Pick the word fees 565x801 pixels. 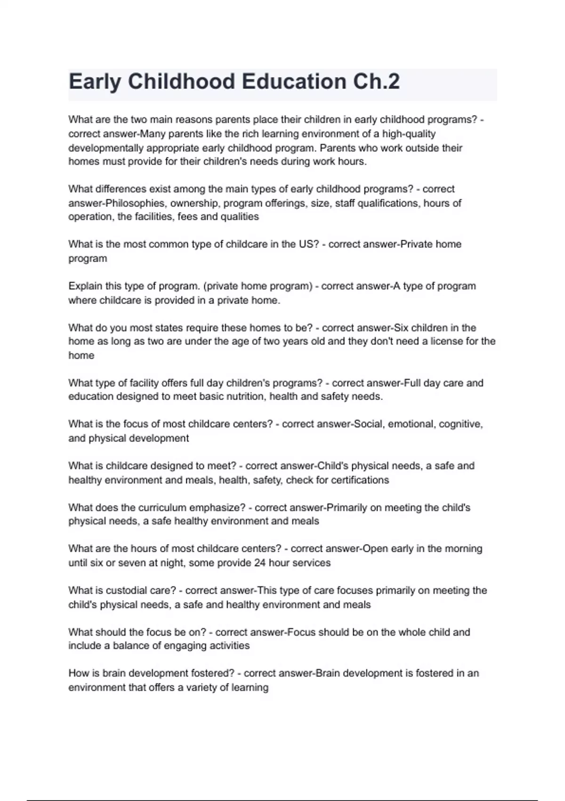click(187, 217)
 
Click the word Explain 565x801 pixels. click(85, 286)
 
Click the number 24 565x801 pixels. click(259, 563)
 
